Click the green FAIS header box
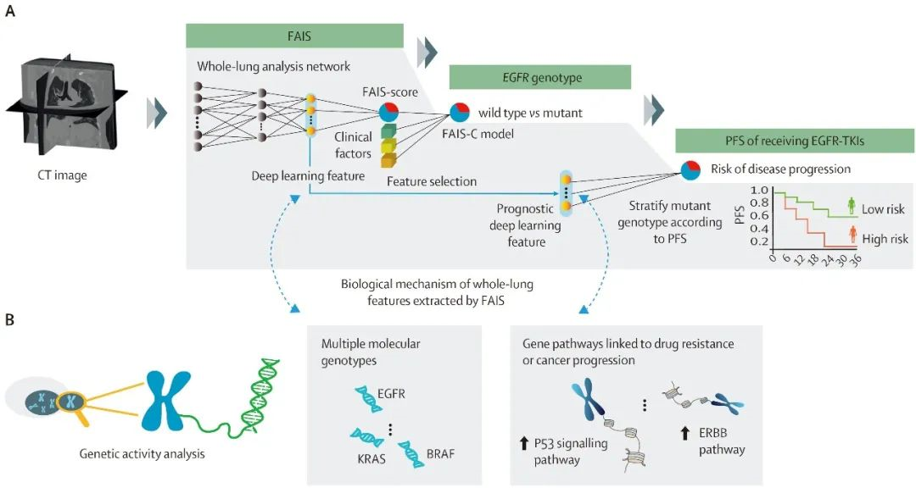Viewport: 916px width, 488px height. [x=294, y=36]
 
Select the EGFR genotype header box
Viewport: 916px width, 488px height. [x=539, y=77]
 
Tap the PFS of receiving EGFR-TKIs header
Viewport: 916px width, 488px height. [x=795, y=141]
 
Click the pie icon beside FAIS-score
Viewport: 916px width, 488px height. [x=388, y=113]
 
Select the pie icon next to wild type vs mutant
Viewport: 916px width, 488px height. [x=460, y=113]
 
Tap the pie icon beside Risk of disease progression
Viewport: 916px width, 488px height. [x=691, y=169]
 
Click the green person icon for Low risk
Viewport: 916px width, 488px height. [x=851, y=206]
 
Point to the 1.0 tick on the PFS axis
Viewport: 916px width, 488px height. [x=759, y=191]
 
